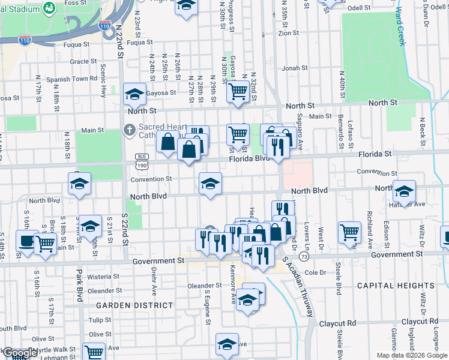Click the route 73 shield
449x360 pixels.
(x=305, y=257)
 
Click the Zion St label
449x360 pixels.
(x=288, y=33)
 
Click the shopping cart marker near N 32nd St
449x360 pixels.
(x=238, y=92)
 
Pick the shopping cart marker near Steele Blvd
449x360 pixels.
(x=349, y=232)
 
